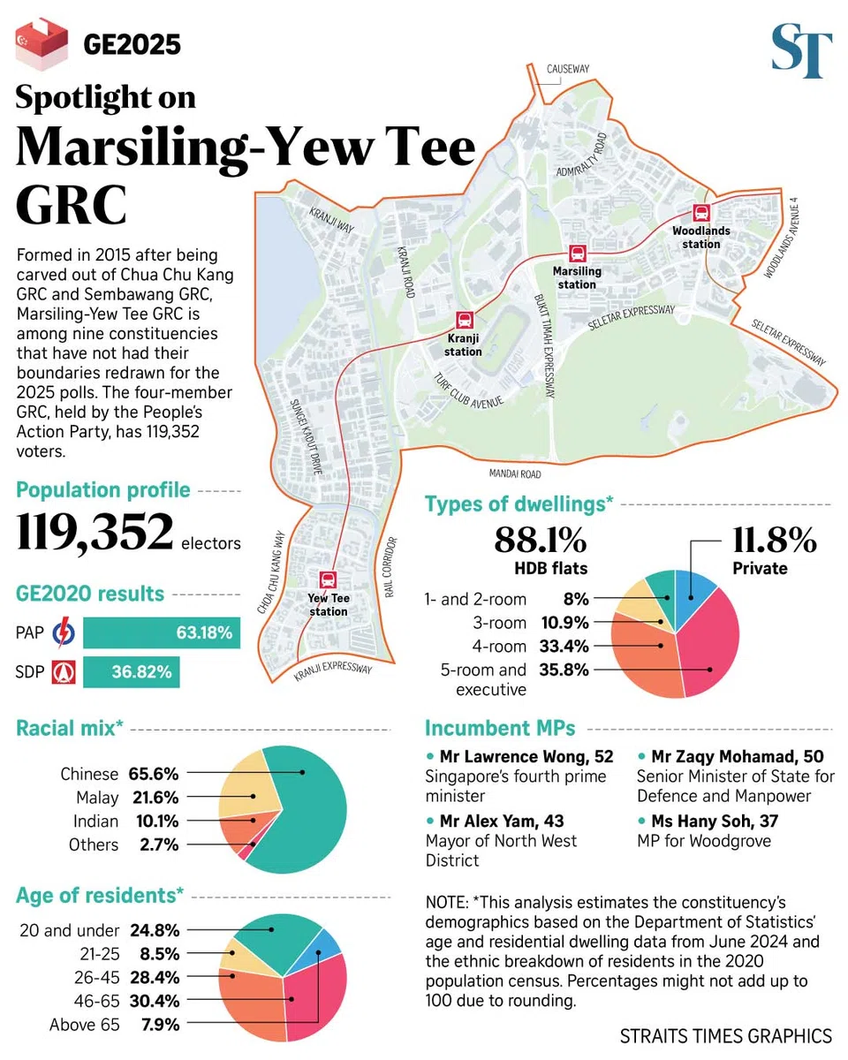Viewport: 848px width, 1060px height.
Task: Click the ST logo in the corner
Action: [x=801, y=51]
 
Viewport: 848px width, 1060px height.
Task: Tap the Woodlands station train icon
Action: [x=701, y=212]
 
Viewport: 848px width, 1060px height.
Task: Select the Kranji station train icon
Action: [x=464, y=321]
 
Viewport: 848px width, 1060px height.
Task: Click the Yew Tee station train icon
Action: [x=328, y=579]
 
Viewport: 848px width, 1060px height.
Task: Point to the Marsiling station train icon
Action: [x=577, y=254]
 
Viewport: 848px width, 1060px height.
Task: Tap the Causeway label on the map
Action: [x=567, y=68]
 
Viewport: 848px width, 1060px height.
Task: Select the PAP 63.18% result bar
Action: [x=162, y=632]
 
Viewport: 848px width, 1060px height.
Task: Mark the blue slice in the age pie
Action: [x=329, y=943]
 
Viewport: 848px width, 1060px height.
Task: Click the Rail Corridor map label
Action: [x=390, y=566]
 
